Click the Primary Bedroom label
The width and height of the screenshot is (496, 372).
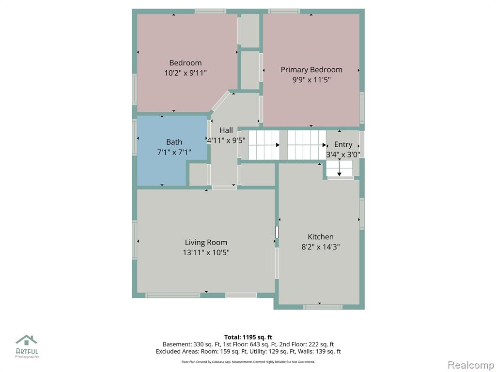(x=311, y=70)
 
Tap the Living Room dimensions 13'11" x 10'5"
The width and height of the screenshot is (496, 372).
(x=206, y=252)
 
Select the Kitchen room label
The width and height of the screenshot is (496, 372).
(x=321, y=236)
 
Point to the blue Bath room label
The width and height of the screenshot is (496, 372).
(x=174, y=142)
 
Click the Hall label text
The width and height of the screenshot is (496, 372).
(x=226, y=130)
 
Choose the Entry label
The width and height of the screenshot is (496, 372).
(x=343, y=144)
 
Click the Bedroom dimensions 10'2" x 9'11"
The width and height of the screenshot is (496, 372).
(x=186, y=73)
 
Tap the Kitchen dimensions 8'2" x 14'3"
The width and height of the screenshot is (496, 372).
(x=321, y=247)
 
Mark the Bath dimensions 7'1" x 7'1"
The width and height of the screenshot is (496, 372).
(x=174, y=152)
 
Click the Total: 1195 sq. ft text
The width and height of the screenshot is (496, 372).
(x=248, y=337)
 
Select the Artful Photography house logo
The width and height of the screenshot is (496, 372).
(x=27, y=340)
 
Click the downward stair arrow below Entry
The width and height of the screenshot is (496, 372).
(x=339, y=168)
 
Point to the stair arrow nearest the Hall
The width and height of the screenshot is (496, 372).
(x=264, y=145)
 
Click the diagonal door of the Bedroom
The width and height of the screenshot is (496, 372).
(x=220, y=101)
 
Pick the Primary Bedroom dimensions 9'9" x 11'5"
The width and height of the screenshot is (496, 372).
(x=311, y=80)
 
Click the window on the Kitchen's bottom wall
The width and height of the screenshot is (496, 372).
(x=323, y=307)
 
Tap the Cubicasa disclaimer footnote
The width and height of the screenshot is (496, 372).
(x=248, y=361)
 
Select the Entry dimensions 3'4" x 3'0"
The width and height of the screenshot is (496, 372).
(x=343, y=155)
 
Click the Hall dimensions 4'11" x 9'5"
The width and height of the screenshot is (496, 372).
(x=226, y=140)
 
